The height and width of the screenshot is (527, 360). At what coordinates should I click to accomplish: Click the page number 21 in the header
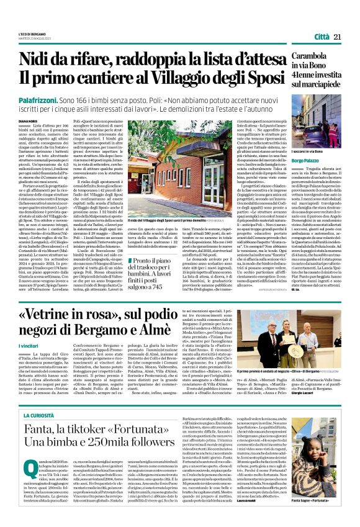coord(337,37)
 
